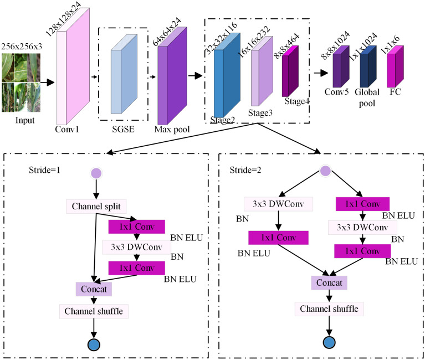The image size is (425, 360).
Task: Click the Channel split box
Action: pyautogui.click(x=96, y=207)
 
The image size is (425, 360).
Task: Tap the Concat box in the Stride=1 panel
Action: pyautogui.click(x=94, y=289)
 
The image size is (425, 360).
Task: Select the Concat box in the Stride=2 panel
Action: pyautogui.click(x=329, y=283)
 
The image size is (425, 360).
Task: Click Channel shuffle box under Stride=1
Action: pyautogui.click(x=94, y=311)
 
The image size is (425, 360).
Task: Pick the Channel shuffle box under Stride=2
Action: pyautogui.click(x=329, y=309)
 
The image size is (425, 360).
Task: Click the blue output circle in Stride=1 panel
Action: pyautogui.click(x=94, y=345)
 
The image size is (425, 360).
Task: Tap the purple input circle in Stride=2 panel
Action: pyautogui.click(x=325, y=171)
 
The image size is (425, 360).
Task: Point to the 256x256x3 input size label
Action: pyautogui.click(x=22, y=47)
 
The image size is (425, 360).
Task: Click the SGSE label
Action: pyautogui.click(x=124, y=129)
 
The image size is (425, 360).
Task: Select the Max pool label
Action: pyautogui.click(x=172, y=130)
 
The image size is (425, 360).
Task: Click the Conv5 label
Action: pyautogui.click(x=337, y=92)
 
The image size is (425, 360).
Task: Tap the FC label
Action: pyautogui.click(x=395, y=92)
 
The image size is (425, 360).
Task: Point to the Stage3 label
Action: pyautogui.click(x=260, y=112)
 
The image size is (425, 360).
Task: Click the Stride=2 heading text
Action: pyautogui.click(x=245, y=170)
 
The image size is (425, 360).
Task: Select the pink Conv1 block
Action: pyautogui.click(x=73, y=66)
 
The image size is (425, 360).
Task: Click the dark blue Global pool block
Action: pyautogui.click(x=368, y=66)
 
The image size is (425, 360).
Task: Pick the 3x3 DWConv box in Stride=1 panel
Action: pyautogui.click(x=137, y=247)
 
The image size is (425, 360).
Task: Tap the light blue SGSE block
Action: pyautogui.click(x=124, y=74)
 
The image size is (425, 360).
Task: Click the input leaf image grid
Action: pyautogui.click(x=21, y=83)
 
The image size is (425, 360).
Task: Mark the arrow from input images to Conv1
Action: pyautogui.click(x=48, y=83)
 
